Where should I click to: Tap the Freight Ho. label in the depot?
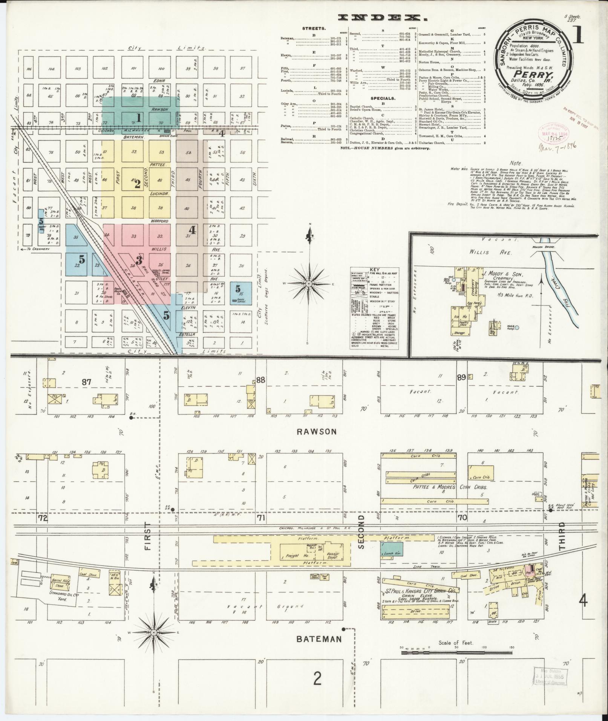pyautogui.click(x=293, y=556)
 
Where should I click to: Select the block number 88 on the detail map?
pyautogui.click(x=261, y=380)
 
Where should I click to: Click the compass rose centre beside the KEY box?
pyautogui.click(x=309, y=283)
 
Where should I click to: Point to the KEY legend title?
pyautogui.click(x=375, y=269)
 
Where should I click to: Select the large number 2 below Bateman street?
pyautogui.click(x=317, y=679)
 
